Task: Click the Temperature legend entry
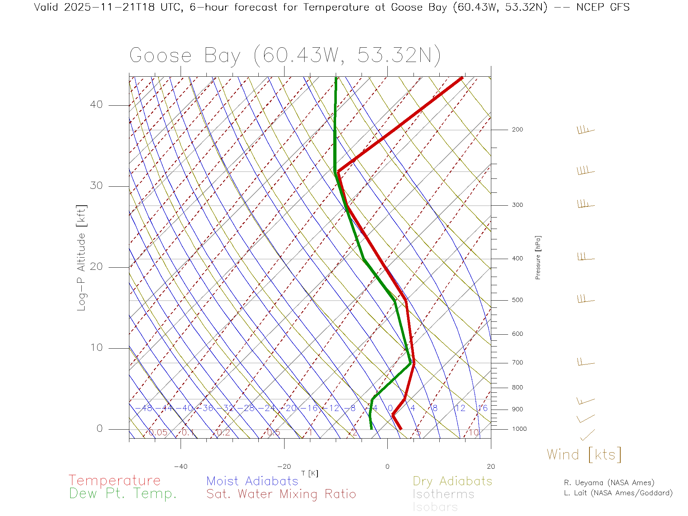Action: point(114,480)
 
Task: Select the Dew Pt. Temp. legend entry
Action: point(123,494)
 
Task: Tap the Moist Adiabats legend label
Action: point(252,481)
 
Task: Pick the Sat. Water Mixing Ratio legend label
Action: point(281,494)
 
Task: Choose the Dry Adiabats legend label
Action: point(452,481)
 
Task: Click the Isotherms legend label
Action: point(443,494)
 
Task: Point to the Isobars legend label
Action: point(435,507)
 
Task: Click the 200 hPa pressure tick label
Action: point(517,130)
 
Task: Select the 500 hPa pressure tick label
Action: point(517,300)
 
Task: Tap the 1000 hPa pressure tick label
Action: point(519,429)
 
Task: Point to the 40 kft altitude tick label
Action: point(96,105)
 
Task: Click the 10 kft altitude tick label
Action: point(96,348)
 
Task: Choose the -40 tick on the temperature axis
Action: point(181,467)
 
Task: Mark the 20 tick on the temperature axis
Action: point(491,467)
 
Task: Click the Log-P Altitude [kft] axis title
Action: point(82,258)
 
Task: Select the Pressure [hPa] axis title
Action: point(538,257)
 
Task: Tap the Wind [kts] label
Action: point(584,455)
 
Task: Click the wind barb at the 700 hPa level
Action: point(586,362)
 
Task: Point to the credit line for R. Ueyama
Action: point(609,483)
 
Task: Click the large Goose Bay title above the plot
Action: point(285,56)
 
